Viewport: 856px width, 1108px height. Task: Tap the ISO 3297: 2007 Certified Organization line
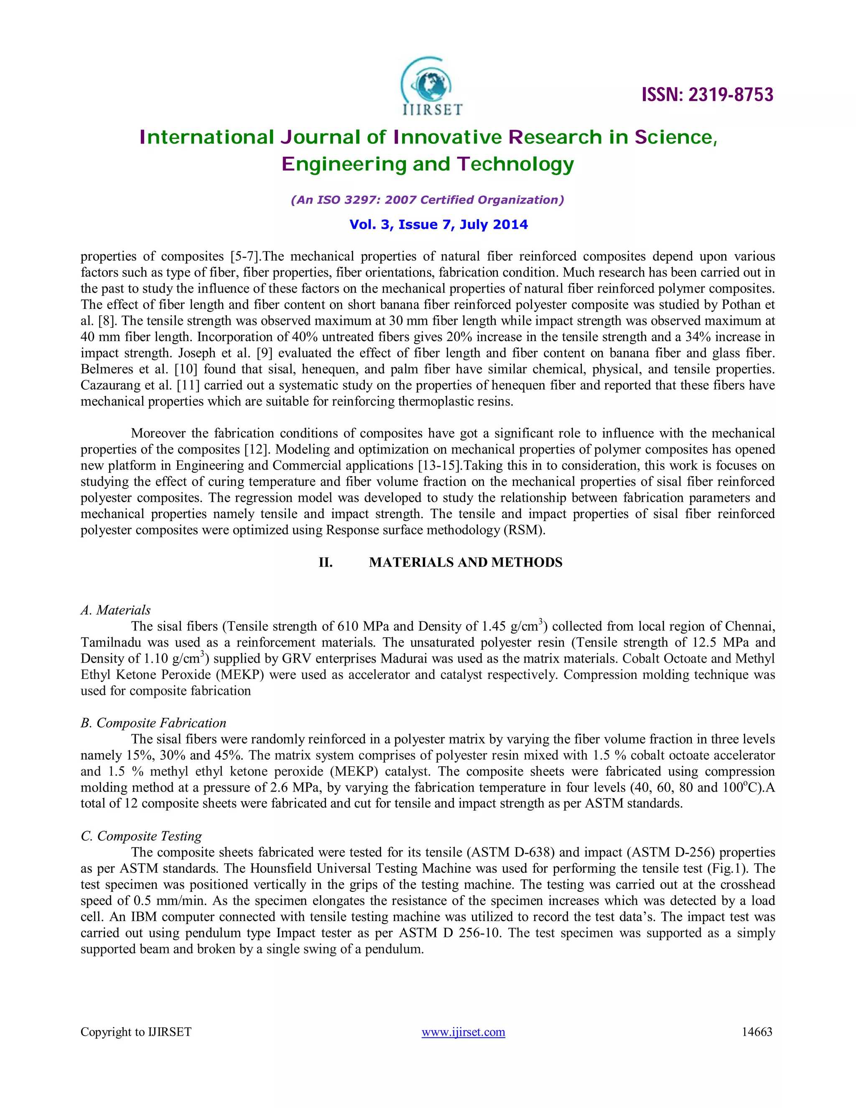click(x=427, y=200)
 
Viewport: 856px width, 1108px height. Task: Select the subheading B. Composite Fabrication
click(x=153, y=723)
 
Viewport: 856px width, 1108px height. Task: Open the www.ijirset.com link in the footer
click(x=463, y=1032)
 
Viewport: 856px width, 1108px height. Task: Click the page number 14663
click(x=757, y=1032)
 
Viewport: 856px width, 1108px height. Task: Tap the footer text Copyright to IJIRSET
click(x=136, y=1032)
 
